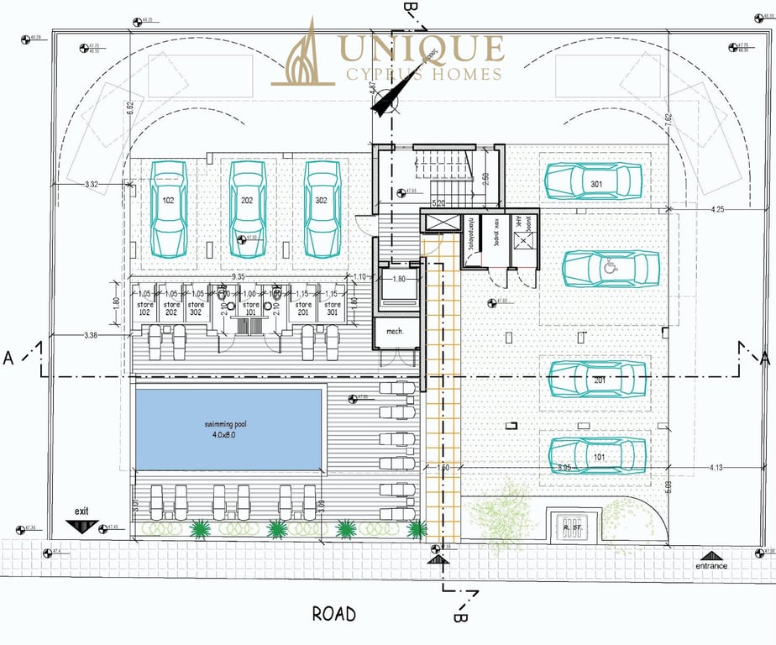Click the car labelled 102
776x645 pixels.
point(169,208)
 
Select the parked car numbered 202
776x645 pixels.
point(247,208)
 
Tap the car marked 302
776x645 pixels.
point(322,208)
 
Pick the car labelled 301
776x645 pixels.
point(594,181)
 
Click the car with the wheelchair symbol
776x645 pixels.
point(605,269)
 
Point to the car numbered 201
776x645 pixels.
point(597,379)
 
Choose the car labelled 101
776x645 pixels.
point(597,454)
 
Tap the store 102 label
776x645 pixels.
point(144,308)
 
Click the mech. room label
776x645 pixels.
point(395,332)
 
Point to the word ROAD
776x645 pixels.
point(333,615)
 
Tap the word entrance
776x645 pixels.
point(710,565)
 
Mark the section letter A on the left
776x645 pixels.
point(8,358)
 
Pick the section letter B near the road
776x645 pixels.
point(459,616)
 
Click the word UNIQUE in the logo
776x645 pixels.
point(421,48)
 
